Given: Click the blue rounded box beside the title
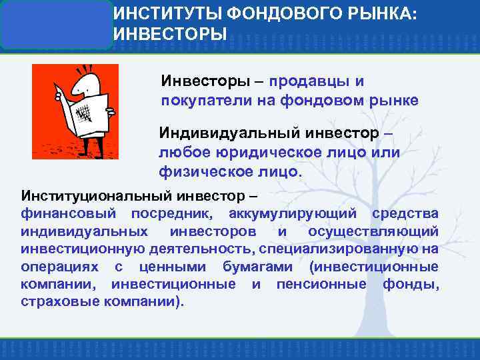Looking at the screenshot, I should tap(56, 25).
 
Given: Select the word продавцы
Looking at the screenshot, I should tap(307, 81).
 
